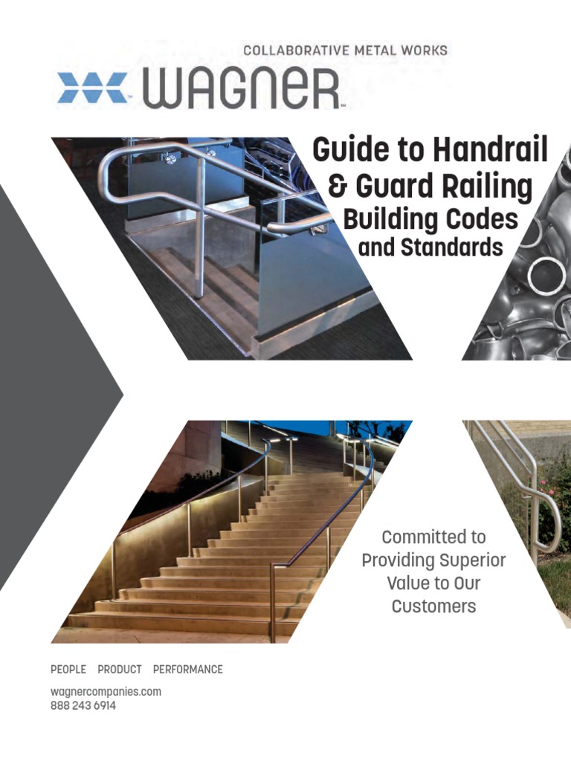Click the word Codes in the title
point(481,219)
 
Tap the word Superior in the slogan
point(470,560)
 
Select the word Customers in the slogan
point(433,606)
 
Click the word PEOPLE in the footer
point(68,670)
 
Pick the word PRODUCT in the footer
point(120,670)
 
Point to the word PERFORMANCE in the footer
point(188,670)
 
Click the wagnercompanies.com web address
point(106,692)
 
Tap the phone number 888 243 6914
point(83,706)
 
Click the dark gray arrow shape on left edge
point(45,386)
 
